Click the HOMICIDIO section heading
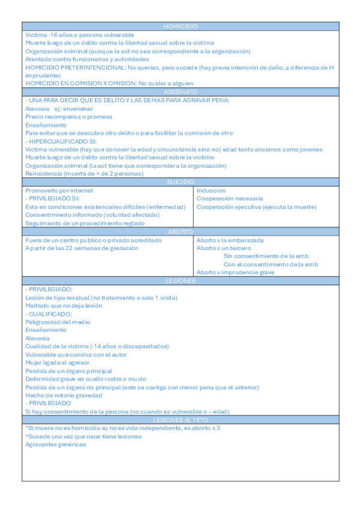180,26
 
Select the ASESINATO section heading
180,92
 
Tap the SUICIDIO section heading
180,182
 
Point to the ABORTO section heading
180,232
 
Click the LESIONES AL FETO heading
180,420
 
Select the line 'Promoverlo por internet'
59,191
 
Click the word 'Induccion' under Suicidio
211,191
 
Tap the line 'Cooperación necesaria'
230,198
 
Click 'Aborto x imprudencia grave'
236,272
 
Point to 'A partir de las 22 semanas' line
81,248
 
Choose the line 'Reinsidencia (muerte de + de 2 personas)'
84,174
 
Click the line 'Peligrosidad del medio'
58,322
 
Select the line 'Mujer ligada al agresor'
57,363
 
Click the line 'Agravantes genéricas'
55,444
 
